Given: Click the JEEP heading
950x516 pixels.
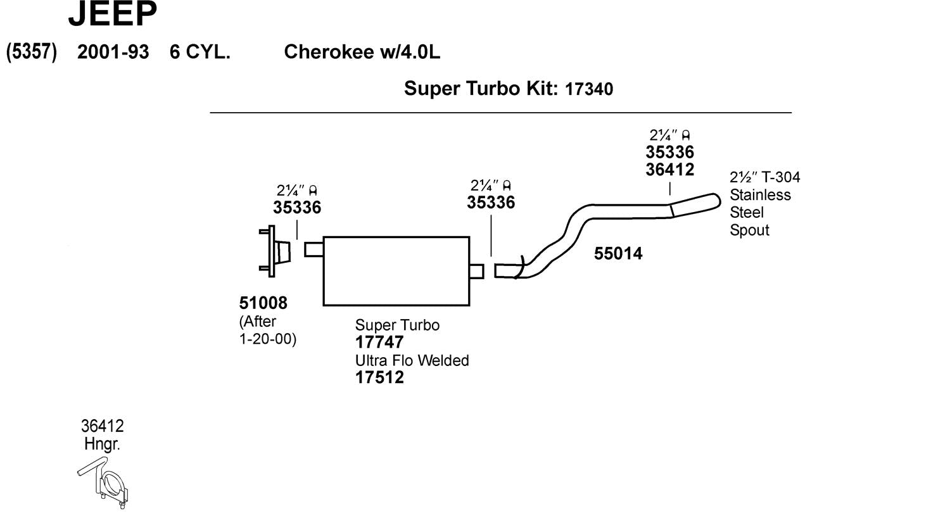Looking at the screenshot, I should point(113,14).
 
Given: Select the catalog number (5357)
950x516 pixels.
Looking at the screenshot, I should point(32,52).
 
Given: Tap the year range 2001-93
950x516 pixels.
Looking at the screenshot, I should point(113,52).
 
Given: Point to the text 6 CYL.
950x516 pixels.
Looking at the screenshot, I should point(199,52).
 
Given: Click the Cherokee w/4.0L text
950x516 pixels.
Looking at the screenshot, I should point(362,52).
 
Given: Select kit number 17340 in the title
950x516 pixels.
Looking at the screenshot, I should point(589,89).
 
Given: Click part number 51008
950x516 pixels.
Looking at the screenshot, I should point(263,303).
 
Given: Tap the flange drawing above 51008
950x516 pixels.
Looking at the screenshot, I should point(275,251).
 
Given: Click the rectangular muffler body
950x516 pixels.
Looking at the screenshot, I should point(396,271).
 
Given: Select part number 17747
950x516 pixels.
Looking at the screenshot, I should point(379,343).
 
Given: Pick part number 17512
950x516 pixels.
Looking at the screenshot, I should point(379,377).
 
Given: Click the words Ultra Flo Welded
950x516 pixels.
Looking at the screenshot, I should point(412,360).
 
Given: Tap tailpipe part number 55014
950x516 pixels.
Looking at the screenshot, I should point(618,254).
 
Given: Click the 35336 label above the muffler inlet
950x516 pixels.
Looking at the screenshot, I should point(297,208).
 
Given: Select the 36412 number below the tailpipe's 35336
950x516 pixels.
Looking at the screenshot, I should point(669,170).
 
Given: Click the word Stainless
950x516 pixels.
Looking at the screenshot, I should point(760,195).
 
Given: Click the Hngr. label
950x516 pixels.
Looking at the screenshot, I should point(102,444).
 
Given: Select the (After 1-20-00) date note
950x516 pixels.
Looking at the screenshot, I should point(267,330).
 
